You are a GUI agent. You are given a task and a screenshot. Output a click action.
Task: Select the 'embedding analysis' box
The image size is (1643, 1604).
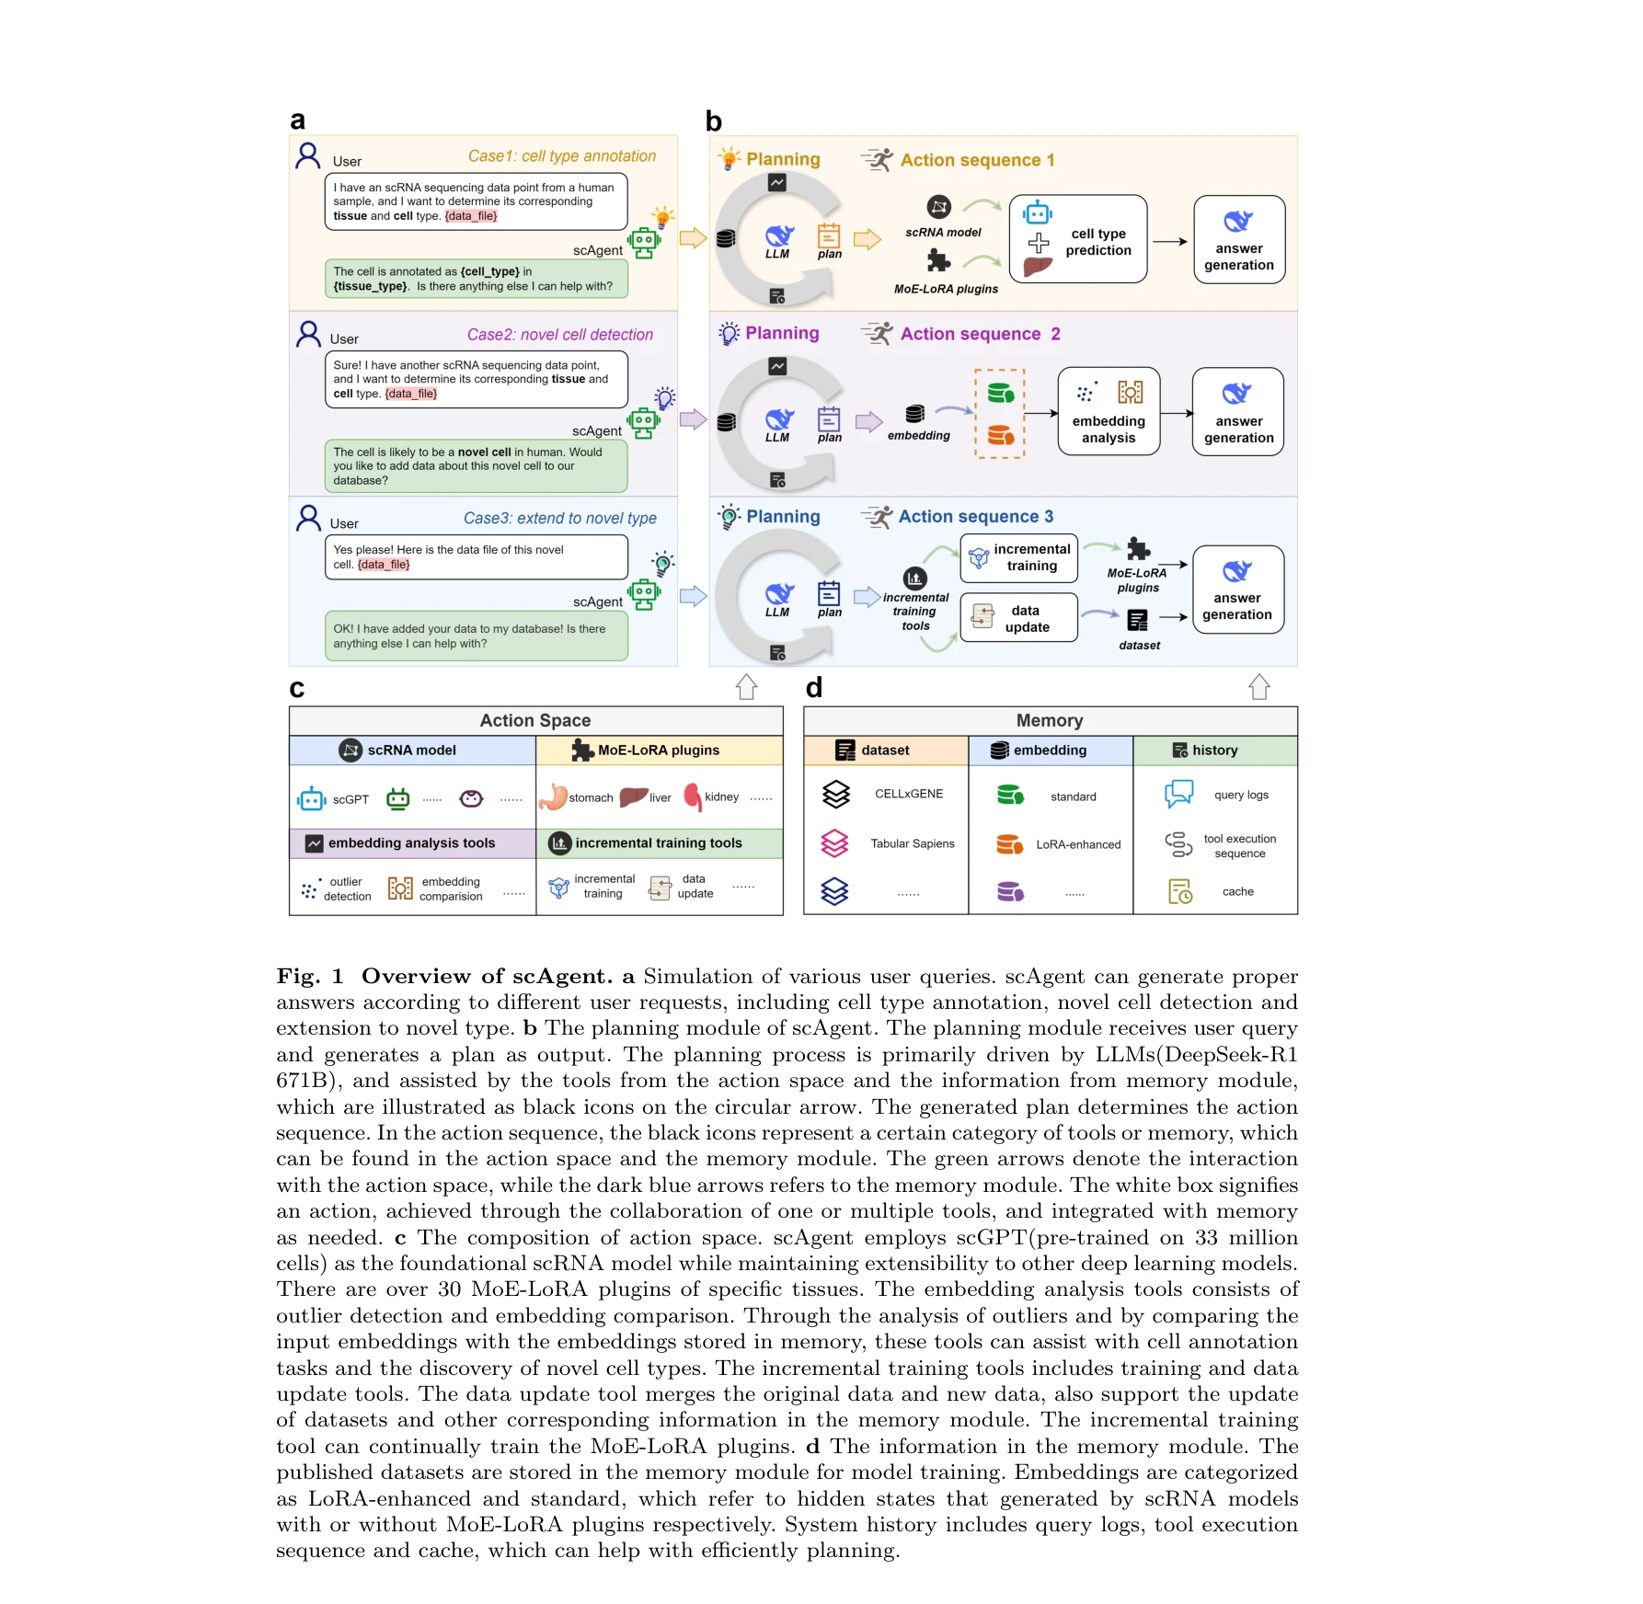point(1109,412)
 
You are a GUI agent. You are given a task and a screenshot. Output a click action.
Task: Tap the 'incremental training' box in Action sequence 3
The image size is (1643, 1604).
point(1018,558)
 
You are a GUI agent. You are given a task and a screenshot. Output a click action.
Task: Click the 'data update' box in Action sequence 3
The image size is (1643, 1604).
point(1018,617)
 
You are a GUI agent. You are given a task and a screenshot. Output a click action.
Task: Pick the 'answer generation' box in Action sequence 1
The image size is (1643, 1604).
point(1238,240)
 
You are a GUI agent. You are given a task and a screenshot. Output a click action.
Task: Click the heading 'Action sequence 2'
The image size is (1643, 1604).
point(980,334)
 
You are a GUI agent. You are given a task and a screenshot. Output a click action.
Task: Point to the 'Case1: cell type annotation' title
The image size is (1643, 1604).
point(561,156)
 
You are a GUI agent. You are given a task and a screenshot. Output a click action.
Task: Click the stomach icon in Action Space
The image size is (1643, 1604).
point(553,796)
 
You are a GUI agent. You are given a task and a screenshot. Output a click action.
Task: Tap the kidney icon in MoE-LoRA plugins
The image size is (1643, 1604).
point(693,796)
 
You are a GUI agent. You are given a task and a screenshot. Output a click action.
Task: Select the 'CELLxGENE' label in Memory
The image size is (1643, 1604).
point(909,794)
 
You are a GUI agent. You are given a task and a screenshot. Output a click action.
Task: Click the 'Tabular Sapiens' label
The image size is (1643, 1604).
point(913,843)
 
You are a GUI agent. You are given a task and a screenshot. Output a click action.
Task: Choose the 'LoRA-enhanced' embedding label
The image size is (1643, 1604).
point(1078,844)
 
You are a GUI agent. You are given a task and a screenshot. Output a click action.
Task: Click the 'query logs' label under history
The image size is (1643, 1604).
point(1241,795)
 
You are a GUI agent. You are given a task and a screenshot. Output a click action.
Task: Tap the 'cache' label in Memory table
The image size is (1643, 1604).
point(1238,891)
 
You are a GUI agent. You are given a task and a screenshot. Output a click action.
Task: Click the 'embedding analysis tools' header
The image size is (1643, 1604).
point(411,842)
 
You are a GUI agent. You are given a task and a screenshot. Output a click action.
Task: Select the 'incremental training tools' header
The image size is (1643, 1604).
point(658,842)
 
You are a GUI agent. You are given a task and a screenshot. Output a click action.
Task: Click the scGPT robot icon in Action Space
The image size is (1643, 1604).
point(312,799)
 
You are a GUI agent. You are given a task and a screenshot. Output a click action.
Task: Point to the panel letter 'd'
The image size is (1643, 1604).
point(814,688)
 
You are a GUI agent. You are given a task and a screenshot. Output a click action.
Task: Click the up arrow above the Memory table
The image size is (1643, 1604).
point(1258,686)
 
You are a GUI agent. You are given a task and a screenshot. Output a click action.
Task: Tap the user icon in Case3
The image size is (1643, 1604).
point(309,518)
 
